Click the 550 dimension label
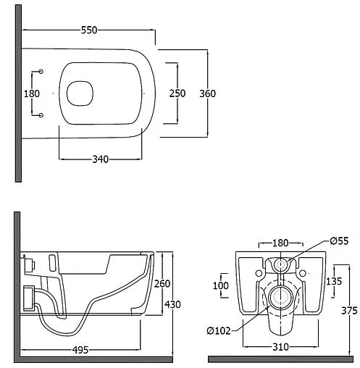(89, 30)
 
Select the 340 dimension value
(101, 159)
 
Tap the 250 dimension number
(177, 93)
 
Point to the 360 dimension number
(208, 93)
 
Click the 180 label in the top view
(32, 93)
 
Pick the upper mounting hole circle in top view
(41, 72)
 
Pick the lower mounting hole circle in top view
(41, 115)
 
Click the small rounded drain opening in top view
(80, 93)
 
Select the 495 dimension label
(80, 350)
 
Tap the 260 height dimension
(162, 284)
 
